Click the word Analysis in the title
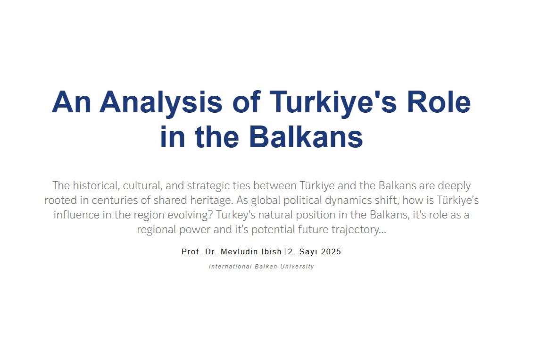[161, 103]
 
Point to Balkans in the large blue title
[306, 136]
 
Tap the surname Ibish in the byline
[272, 252]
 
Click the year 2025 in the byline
[331, 252]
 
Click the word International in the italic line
[231, 266]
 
